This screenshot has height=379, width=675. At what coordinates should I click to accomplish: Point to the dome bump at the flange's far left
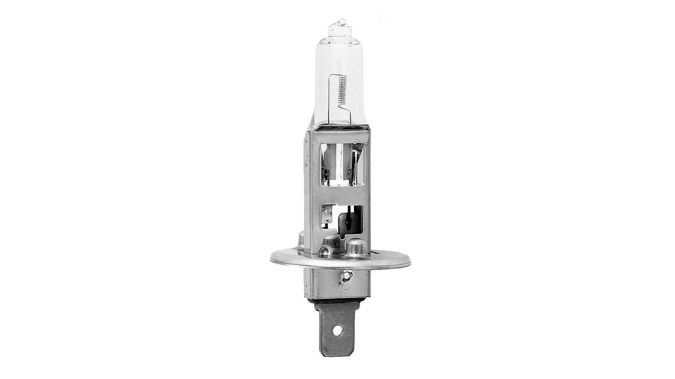point(301,240)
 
